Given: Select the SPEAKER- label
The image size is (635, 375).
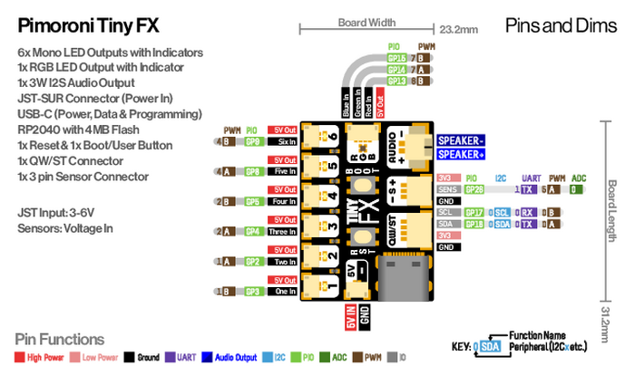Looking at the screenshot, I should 461,140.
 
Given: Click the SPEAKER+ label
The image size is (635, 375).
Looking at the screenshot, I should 461,155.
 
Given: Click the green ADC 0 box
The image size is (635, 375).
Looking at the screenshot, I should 576,189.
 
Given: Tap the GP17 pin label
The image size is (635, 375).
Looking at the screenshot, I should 474,212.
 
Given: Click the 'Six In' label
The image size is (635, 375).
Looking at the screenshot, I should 287,142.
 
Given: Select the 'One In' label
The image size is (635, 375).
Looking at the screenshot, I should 287,292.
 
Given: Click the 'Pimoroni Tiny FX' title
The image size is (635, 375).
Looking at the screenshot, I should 90,24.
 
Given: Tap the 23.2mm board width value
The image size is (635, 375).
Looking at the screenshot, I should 458,30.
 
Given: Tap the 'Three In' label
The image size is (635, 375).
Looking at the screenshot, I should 287,232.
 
